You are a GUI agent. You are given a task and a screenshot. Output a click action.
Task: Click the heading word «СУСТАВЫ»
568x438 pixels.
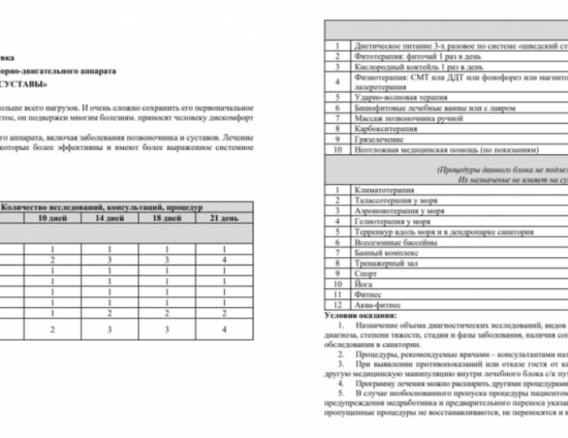coord(33,84)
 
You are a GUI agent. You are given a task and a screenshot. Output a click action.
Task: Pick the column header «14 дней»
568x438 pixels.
coord(110,218)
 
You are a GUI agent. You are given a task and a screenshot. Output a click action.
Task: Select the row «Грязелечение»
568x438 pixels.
coord(381,138)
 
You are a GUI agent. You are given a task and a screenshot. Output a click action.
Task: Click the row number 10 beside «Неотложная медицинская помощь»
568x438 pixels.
coord(337,148)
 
